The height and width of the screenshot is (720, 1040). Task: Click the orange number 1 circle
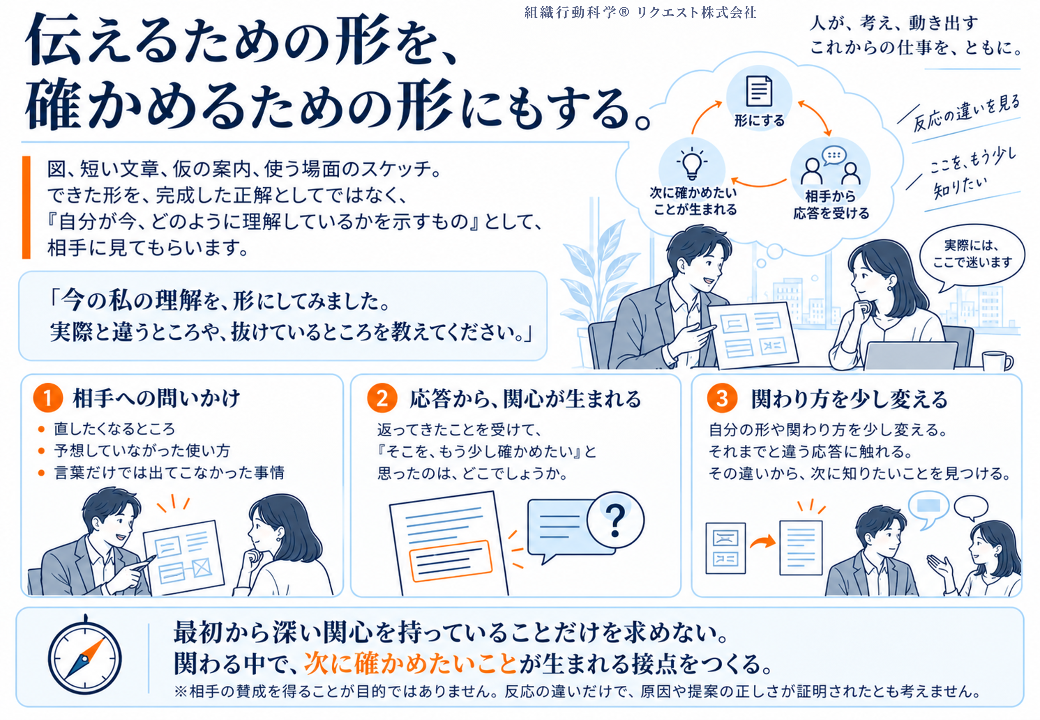(48, 397)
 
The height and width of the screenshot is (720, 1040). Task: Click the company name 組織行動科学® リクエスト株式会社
(640, 13)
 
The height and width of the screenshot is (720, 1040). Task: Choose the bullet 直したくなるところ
(114, 429)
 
